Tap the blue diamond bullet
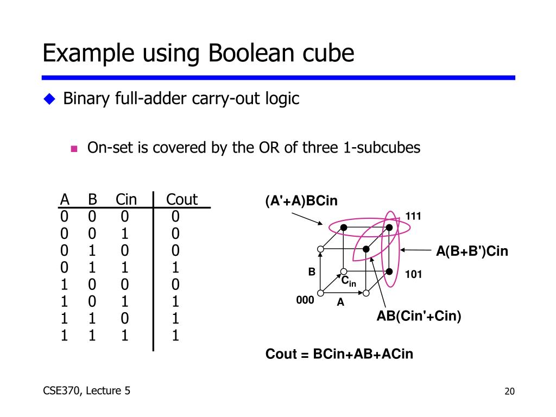(50, 99)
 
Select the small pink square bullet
(74, 148)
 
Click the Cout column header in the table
(181, 200)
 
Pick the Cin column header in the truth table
(126, 200)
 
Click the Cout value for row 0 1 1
(175, 268)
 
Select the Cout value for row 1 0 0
(175, 285)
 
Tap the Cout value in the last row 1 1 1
(175, 336)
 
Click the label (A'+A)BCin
(301, 201)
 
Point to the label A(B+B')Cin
(472, 251)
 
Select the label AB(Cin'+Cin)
(419, 316)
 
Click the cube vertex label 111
(413, 217)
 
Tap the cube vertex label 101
(413, 274)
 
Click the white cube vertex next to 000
(321, 293)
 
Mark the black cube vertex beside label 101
(389, 270)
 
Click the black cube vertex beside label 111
(389, 226)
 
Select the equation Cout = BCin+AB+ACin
(339, 355)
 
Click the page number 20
(509, 392)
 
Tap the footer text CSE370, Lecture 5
(86, 390)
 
